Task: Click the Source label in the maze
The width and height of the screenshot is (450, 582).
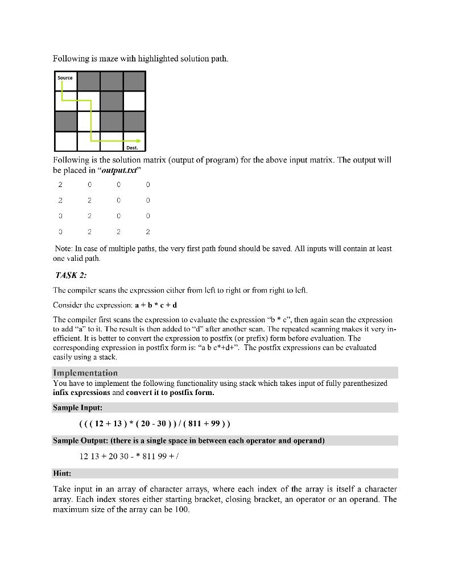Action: [65, 78]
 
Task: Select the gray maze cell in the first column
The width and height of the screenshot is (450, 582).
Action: [66, 121]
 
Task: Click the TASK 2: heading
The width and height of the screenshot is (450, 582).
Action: [71, 276]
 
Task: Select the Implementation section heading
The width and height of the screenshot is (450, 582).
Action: [85, 373]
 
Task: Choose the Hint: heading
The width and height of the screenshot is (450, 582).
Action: [62, 473]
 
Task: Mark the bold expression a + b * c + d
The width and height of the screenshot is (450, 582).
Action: [156, 305]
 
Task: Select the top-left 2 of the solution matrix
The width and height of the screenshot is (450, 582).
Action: [60, 184]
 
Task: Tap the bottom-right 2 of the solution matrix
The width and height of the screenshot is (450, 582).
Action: [147, 231]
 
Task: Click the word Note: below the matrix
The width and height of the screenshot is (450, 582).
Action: [64, 249]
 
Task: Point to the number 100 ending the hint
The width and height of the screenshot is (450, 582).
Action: [181, 509]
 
